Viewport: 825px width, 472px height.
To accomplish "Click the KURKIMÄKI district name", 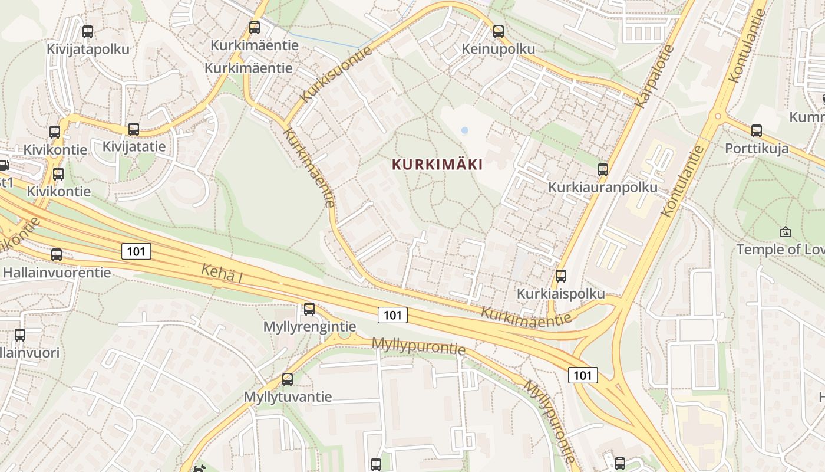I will [x=437, y=165].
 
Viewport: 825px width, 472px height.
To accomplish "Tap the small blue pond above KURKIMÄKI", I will [x=464, y=130].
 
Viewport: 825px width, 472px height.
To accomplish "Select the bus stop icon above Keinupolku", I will [x=499, y=31].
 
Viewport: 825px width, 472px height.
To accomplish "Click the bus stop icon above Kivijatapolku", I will [x=88, y=32].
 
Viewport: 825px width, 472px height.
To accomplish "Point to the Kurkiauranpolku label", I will [x=602, y=188].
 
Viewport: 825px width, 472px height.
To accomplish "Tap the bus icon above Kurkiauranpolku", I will [x=603, y=170].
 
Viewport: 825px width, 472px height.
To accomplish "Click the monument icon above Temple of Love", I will [x=785, y=232].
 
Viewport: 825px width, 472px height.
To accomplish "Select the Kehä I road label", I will [x=222, y=273].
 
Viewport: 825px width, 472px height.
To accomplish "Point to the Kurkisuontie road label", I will [x=336, y=74].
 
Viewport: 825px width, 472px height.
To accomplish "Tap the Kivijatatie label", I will [x=134, y=146].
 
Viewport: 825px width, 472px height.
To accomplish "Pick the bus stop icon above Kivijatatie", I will [x=134, y=129].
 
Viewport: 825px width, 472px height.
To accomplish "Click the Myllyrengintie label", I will [x=309, y=326].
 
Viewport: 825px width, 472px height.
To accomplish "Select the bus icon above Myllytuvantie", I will [x=288, y=379].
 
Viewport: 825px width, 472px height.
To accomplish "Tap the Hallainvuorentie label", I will [x=57, y=273].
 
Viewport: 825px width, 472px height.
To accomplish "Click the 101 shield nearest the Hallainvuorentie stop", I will [x=137, y=252].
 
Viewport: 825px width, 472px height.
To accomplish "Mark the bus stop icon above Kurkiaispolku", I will [x=561, y=276].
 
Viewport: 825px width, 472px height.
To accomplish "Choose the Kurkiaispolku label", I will [x=560, y=293].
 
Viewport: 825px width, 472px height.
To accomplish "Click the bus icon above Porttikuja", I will [x=757, y=131].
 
